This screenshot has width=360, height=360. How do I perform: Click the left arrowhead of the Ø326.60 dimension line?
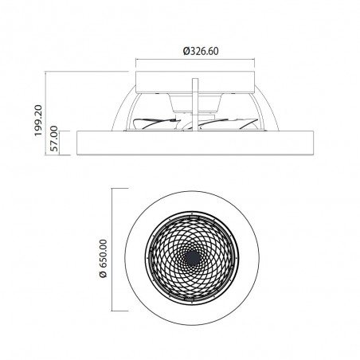coord(139,64)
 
